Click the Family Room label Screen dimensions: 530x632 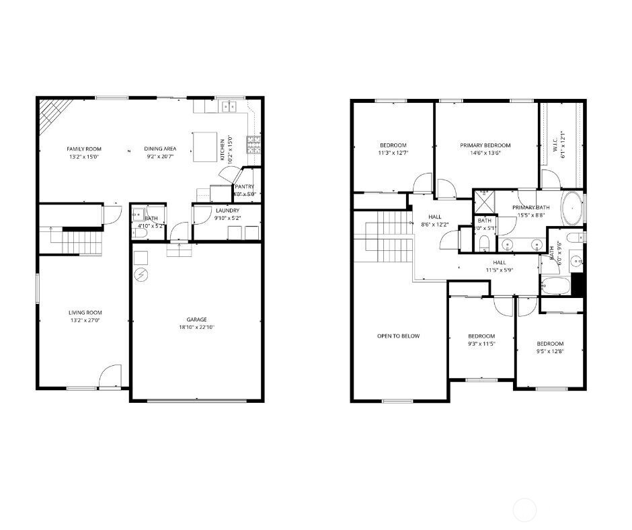pyautogui.click(x=83, y=149)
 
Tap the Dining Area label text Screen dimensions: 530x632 pyautogui.click(x=160, y=149)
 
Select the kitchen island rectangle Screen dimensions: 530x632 pyautogui.click(x=205, y=147)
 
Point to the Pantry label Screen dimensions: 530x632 pyautogui.click(x=244, y=187)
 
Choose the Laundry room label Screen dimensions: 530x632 pyautogui.click(x=227, y=211)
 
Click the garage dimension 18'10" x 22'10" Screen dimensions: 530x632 pyautogui.click(x=196, y=328)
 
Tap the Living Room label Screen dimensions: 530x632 pyautogui.click(x=85, y=312)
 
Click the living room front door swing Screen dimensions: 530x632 pyautogui.click(x=110, y=377)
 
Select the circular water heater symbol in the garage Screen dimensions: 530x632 pyautogui.click(x=141, y=274)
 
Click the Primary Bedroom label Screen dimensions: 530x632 pyautogui.click(x=485, y=145)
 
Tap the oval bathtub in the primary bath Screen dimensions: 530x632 pyautogui.click(x=571, y=209)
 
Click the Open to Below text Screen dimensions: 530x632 pyautogui.click(x=398, y=336)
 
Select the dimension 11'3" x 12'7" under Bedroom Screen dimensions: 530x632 pyautogui.click(x=393, y=153)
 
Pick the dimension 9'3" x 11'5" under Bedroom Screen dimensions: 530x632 pyautogui.click(x=481, y=344)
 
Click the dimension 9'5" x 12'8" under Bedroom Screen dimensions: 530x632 pyautogui.click(x=549, y=351)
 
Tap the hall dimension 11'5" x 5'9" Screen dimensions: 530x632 pyautogui.click(x=500, y=270)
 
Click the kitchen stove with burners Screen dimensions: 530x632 pyautogui.click(x=254, y=143)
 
